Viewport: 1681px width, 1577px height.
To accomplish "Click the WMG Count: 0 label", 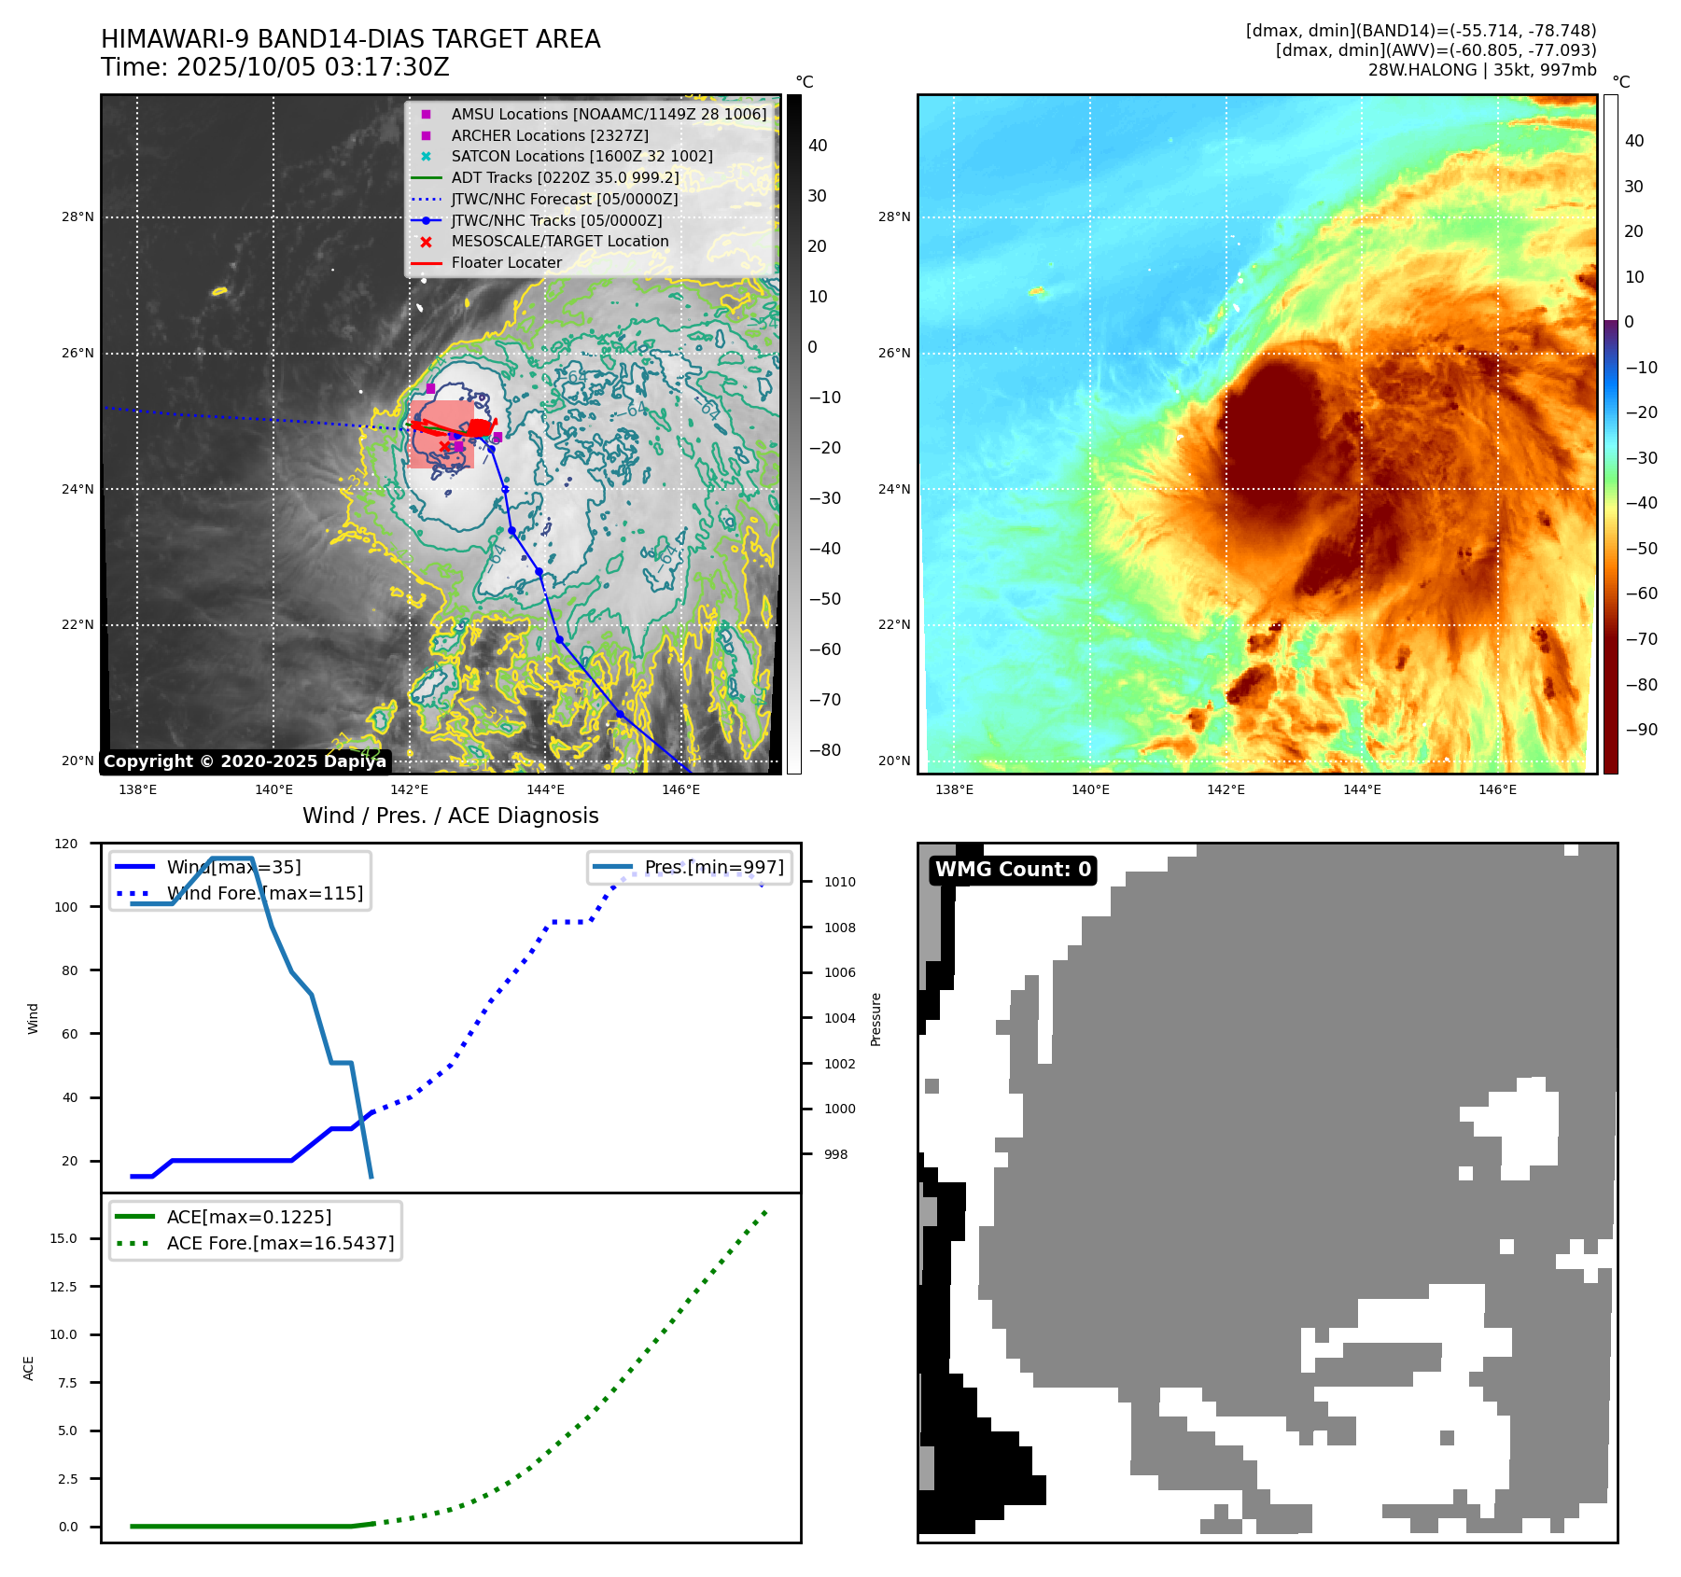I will coord(1013,870).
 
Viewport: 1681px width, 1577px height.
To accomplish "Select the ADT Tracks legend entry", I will coord(564,177).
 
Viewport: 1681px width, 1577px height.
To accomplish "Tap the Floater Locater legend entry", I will coord(506,263).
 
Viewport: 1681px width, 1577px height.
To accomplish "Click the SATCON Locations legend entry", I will coord(581,157).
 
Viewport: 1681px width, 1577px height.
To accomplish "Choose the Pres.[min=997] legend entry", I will coord(714,868).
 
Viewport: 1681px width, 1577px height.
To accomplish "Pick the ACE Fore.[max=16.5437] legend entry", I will coord(280,1243).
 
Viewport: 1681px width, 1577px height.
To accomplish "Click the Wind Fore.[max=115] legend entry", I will coord(264,893).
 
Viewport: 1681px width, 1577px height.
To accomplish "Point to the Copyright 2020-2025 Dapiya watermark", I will coord(245,761).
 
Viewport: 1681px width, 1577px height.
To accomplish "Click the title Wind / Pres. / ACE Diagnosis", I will coord(450,816).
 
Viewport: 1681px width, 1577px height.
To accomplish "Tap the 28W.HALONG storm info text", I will coord(1481,70).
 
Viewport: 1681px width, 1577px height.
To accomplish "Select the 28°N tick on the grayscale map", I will coord(77,217).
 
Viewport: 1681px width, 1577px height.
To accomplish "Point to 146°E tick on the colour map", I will coord(1497,789).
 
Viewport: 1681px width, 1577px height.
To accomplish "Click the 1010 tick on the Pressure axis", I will coord(839,882).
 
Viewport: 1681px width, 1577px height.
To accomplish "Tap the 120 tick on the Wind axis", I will coord(66,844).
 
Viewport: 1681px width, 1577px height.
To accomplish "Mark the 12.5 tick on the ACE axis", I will coord(63,1287).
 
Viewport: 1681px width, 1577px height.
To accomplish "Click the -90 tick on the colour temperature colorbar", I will coord(1641,730).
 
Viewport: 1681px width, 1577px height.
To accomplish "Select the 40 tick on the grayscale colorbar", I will coord(818,146).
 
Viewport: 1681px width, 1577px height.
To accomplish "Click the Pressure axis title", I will coord(876,1019).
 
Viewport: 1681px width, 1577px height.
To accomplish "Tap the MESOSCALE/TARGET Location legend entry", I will coord(559,242).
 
